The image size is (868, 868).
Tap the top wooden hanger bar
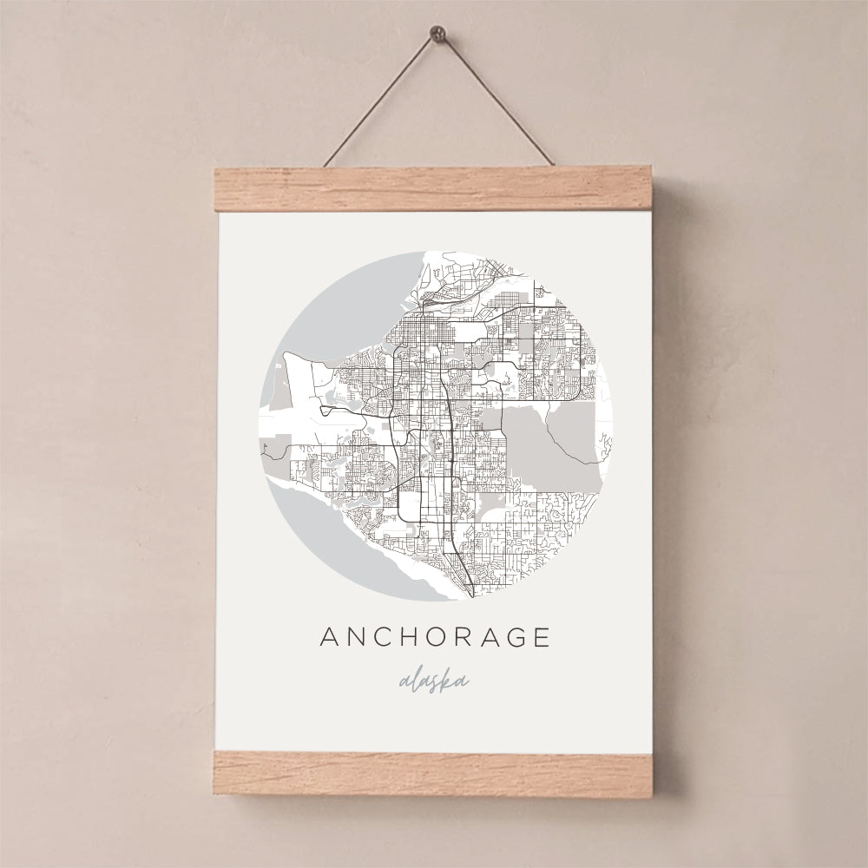(434, 190)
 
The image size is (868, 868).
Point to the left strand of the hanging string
(379, 101)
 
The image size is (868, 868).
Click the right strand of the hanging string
(492, 101)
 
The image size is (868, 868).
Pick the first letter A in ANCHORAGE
(331, 637)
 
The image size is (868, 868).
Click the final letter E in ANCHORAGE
(543, 637)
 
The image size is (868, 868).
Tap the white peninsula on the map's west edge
(299, 382)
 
